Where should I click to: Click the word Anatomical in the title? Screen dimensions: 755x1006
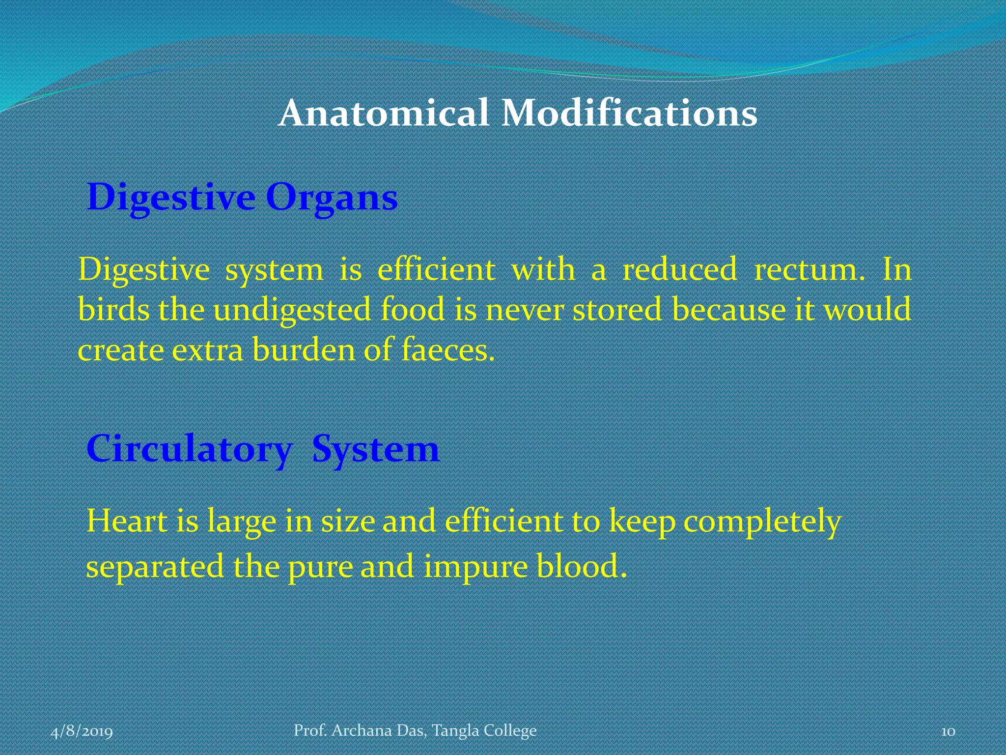pyautogui.click(x=383, y=113)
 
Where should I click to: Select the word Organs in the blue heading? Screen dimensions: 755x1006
pyautogui.click(x=332, y=198)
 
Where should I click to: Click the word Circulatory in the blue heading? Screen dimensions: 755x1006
pyautogui.click(x=189, y=449)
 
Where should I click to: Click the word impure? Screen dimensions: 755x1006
pyautogui.click(x=475, y=567)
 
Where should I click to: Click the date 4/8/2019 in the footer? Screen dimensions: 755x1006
pyautogui.click(x=82, y=731)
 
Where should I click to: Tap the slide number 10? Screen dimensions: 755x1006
pyautogui.click(x=948, y=731)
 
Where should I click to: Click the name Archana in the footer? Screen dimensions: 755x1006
pyautogui.click(x=362, y=730)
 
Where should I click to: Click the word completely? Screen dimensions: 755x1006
pyautogui.click(x=762, y=522)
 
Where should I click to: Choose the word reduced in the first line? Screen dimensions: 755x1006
pyautogui.click(x=680, y=270)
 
